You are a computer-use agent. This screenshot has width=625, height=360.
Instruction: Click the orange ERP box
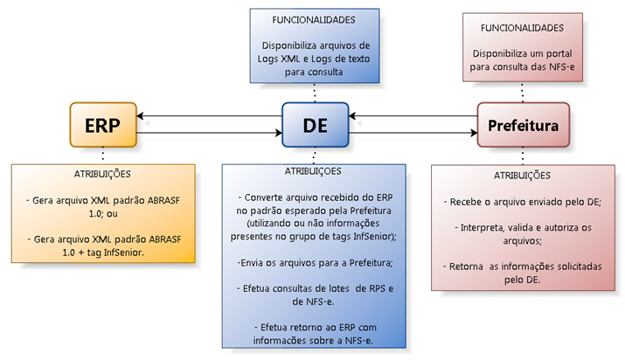(x=102, y=124)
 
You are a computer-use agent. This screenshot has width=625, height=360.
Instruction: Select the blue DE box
(x=315, y=124)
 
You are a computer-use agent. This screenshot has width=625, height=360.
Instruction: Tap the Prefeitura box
(x=523, y=124)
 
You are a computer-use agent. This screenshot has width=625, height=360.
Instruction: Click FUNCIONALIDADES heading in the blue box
(x=315, y=19)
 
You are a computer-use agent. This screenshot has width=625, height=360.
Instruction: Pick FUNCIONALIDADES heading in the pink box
(x=523, y=28)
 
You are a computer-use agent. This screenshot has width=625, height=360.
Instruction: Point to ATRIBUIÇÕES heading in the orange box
(x=103, y=173)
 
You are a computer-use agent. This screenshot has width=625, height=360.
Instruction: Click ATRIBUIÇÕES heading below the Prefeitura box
(x=523, y=175)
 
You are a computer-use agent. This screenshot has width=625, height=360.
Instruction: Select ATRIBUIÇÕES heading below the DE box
(x=314, y=171)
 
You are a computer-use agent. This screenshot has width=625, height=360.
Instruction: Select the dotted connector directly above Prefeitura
(x=523, y=93)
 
